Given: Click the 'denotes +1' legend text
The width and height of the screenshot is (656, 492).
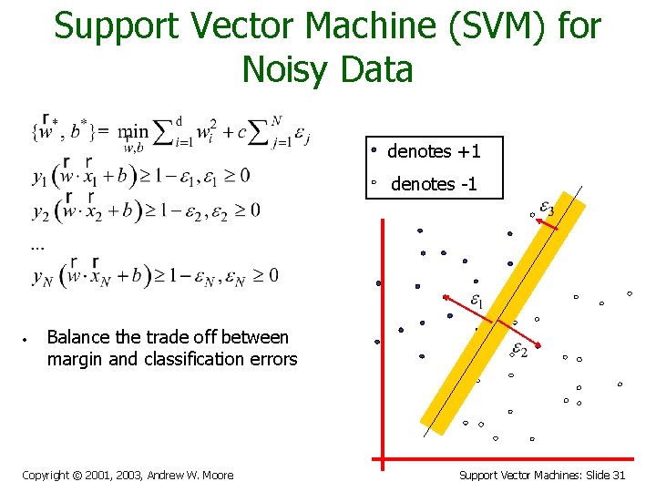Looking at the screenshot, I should coord(434,151).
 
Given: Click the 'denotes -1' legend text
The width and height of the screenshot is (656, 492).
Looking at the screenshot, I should coord(434,185).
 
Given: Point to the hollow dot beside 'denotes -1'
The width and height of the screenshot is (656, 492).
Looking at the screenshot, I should coord(374,184).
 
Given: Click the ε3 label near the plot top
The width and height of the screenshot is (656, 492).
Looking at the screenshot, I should coord(544,210).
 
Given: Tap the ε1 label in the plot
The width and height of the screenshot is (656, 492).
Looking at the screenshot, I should coord(475,299).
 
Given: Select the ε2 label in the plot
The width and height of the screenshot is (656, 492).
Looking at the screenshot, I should coord(518,349).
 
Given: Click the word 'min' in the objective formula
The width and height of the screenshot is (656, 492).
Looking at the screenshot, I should coord(133,130).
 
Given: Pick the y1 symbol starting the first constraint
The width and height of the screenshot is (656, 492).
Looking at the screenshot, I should coord(40,176).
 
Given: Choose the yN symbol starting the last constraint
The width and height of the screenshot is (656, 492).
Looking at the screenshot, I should coord(43,276).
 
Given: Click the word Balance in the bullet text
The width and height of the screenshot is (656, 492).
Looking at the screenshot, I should coord(77,337).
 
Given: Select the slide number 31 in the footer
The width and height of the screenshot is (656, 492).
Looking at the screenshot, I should coord(619,475).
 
